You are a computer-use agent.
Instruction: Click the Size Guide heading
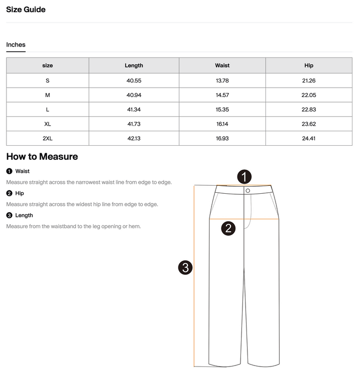click(x=25, y=10)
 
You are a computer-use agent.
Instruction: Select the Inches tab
click(x=15, y=45)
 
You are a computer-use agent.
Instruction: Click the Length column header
click(x=133, y=66)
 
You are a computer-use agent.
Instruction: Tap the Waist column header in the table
click(x=222, y=66)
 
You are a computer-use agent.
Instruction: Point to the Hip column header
click(x=308, y=66)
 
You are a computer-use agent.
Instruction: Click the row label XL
click(x=47, y=124)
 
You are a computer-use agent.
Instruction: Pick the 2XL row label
click(x=47, y=138)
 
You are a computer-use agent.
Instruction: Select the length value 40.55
click(x=133, y=81)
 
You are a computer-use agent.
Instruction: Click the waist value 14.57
click(x=222, y=95)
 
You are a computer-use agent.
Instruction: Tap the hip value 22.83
click(x=308, y=110)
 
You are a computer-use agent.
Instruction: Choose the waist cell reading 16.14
click(x=222, y=124)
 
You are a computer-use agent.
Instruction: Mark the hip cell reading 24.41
click(x=308, y=138)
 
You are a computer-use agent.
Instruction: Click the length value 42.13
click(x=133, y=138)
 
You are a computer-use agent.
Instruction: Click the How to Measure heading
click(x=42, y=157)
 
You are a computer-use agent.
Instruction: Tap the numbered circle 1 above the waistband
click(x=244, y=176)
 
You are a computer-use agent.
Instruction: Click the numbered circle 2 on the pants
click(x=228, y=228)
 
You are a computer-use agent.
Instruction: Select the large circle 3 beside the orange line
click(x=185, y=267)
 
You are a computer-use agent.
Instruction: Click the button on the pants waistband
click(x=247, y=191)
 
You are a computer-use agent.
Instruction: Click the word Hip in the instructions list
click(x=19, y=193)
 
